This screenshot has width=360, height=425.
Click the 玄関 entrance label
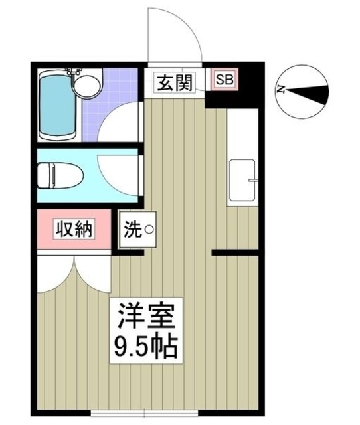coord(175,83)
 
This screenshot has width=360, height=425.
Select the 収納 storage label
coord(74,230)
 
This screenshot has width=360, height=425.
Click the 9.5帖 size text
coord(147,347)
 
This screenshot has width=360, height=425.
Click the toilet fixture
coord(59,176)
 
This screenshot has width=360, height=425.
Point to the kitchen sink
coord(241,181)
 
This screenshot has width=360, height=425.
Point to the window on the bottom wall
coord(143,413)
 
